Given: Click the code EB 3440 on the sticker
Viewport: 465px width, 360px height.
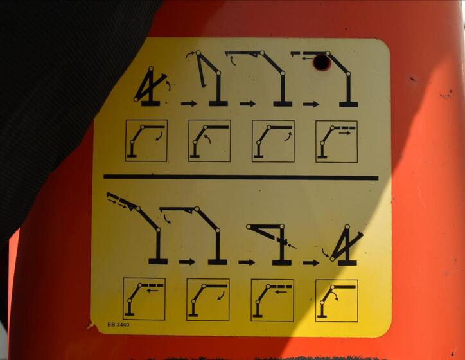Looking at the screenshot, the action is click(x=118, y=325).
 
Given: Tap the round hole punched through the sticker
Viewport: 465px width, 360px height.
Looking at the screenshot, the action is click(x=322, y=62).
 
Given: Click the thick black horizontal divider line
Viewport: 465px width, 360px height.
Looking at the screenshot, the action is click(x=241, y=177).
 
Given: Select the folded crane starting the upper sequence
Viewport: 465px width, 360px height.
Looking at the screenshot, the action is click(x=150, y=86).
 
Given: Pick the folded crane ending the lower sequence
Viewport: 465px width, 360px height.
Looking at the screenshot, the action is click(x=347, y=245).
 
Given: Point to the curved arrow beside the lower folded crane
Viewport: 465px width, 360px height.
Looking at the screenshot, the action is click(x=326, y=253).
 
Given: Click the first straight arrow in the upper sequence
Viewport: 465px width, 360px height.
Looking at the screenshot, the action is click(x=189, y=104).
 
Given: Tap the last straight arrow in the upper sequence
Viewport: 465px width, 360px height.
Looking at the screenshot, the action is click(x=311, y=104).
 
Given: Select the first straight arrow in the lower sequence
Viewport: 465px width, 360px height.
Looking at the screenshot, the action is click(x=187, y=262).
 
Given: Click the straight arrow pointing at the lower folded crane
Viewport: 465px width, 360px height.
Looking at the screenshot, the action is click(x=311, y=263).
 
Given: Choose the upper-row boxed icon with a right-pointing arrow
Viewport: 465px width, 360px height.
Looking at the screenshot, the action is click(x=337, y=141).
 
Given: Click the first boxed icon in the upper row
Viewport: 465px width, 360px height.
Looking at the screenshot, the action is click(x=146, y=140).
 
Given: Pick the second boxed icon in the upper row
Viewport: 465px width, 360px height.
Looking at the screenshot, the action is click(x=209, y=141).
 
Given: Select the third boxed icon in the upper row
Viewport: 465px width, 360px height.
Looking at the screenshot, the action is click(x=273, y=141).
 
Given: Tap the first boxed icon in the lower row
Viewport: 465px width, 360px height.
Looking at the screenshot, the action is click(x=144, y=299).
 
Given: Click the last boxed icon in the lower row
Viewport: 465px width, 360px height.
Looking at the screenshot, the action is click(x=337, y=301).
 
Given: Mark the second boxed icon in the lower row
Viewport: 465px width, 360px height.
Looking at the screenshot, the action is click(x=208, y=300).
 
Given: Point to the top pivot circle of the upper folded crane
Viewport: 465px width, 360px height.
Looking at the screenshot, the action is click(x=151, y=69).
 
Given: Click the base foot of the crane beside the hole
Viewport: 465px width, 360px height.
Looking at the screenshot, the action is click(x=349, y=104).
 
